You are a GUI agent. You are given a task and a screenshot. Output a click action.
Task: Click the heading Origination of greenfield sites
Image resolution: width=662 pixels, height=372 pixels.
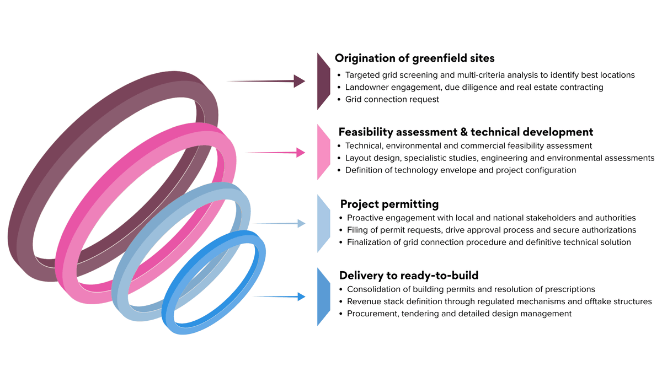point(414,58)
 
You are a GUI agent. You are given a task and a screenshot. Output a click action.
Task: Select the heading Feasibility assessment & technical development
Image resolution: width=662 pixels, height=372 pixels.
point(466,132)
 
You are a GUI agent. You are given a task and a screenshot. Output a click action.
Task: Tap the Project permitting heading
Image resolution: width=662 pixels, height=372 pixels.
point(389,204)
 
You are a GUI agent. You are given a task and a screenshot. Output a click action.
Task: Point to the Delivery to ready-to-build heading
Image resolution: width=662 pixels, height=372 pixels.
point(409,275)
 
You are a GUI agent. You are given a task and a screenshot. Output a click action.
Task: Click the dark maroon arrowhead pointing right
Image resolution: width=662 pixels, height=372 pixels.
point(300,81)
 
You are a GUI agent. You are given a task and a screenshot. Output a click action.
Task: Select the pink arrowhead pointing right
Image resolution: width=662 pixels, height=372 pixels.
point(301,152)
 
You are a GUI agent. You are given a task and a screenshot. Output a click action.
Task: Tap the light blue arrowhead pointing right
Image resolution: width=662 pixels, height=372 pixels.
point(301,223)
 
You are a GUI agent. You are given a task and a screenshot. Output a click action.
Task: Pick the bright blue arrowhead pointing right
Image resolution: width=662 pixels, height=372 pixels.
point(301,296)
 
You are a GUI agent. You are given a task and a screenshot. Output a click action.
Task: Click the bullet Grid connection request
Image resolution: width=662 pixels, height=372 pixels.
point(392,99)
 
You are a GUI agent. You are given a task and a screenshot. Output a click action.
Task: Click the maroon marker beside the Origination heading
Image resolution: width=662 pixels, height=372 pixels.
point(322,81)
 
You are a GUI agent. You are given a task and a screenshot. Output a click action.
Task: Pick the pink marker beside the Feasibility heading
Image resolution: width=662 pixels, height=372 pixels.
point(322,152)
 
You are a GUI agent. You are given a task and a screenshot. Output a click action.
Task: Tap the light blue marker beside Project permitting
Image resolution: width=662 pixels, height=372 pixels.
point(323,223)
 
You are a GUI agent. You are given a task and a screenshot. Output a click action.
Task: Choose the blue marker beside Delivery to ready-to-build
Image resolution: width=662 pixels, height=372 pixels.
point(323,296)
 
